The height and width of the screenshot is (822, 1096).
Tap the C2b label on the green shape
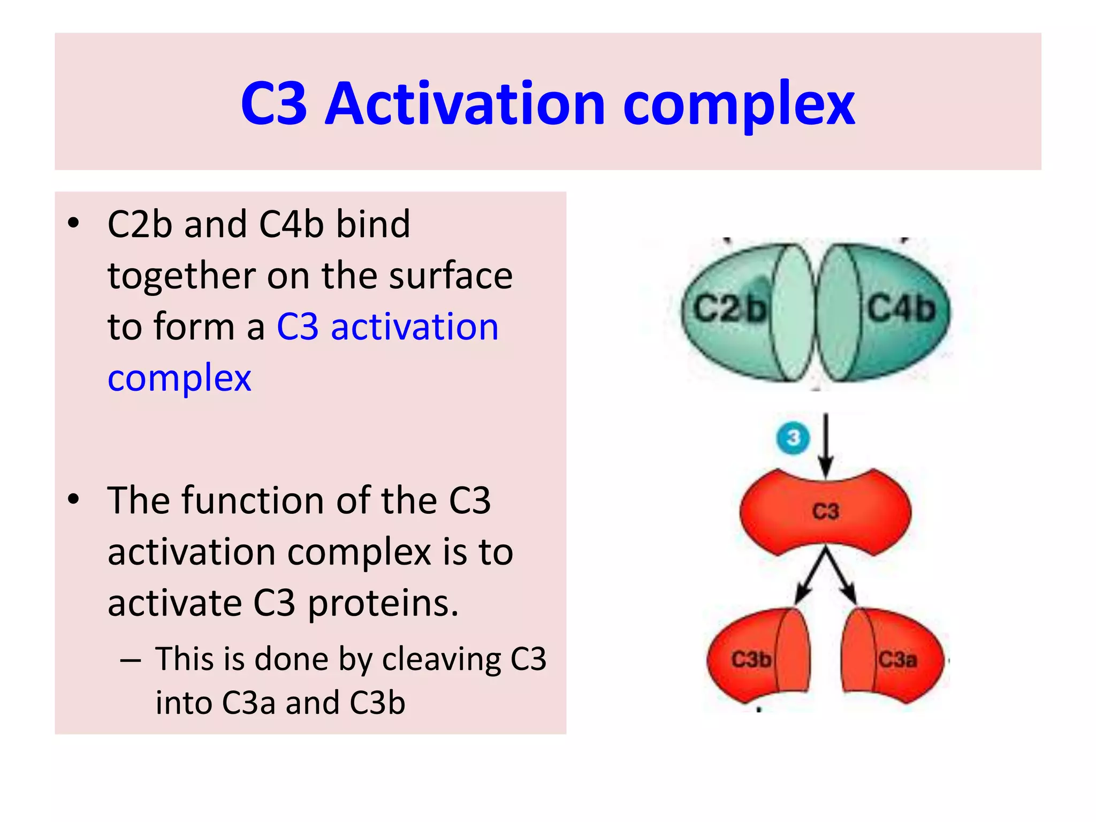(x=729, y=309)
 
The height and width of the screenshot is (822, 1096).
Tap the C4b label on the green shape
(x=901, y=309)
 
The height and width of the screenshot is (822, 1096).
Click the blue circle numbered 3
(x=793, y=438)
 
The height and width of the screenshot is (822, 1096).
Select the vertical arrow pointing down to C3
(x=826, y=444)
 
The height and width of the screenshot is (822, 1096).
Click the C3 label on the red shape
(x=826, y=511)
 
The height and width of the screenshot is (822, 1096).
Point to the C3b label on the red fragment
(x=751, y=659)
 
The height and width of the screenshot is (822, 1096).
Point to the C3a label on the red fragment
(x=897, y=659)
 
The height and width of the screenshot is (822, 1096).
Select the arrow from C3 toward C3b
(x=809, y=578)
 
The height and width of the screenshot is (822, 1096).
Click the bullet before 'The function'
(x=74, y=499)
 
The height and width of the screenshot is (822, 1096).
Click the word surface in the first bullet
(x=451, y=276)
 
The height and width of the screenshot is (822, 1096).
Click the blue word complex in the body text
(x=179, y=378)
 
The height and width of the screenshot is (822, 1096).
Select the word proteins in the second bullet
(x=383, y=604)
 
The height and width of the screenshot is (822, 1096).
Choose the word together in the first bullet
(x=182, y=276)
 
